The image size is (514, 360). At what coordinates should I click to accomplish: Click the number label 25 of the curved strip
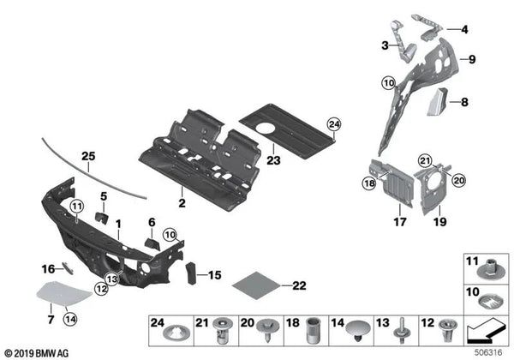(88, 156)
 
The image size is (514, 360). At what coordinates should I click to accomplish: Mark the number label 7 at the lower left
(50, 319)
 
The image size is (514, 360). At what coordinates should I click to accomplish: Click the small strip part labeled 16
(69, 271)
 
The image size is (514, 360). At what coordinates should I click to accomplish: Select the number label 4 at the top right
(464, 30)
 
